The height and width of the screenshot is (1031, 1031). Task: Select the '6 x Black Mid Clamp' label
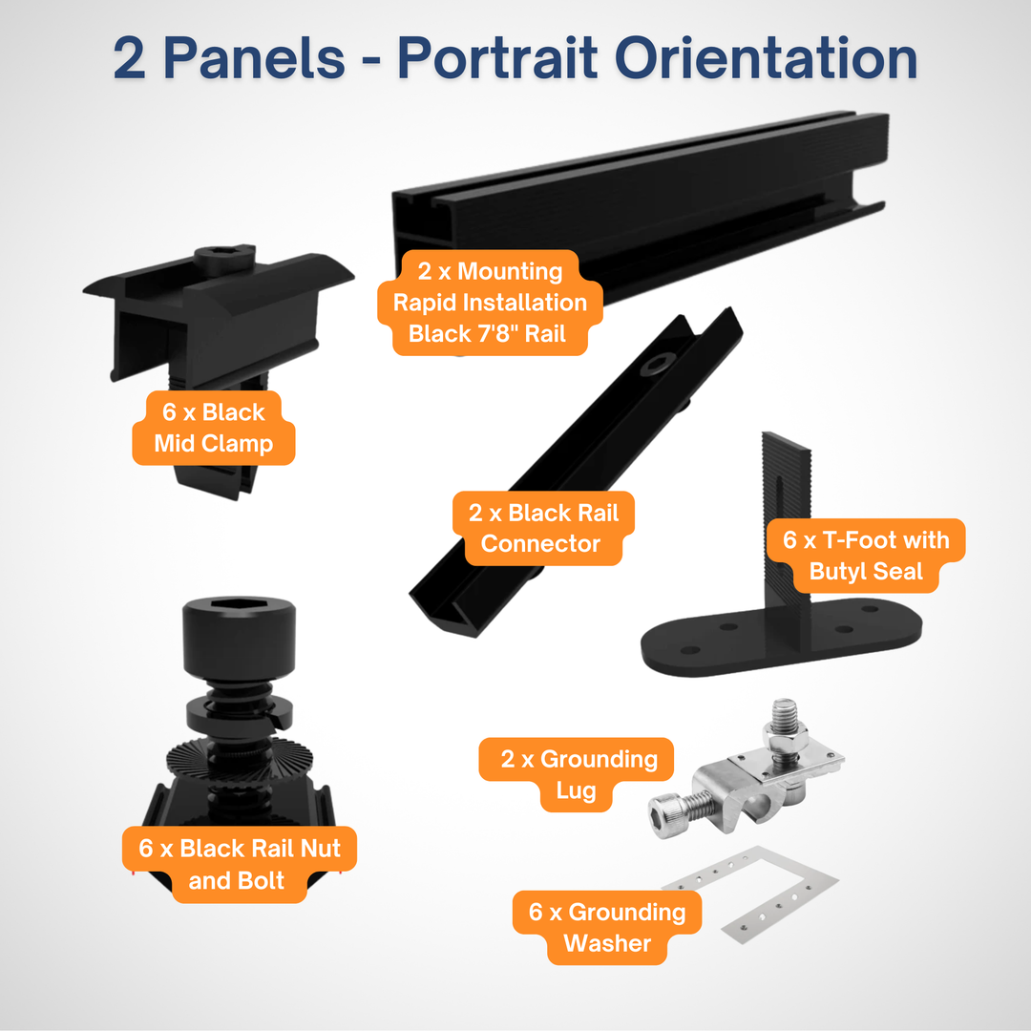point(214,428)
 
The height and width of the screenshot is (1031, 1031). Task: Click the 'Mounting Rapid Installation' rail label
point(491,303)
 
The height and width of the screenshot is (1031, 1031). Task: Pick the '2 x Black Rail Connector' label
point(542,528)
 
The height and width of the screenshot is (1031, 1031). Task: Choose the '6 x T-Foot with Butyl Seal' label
point(866,555)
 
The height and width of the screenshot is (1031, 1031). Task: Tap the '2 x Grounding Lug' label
point(577,774)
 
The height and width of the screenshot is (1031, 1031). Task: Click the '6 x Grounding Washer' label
point(607,927)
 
